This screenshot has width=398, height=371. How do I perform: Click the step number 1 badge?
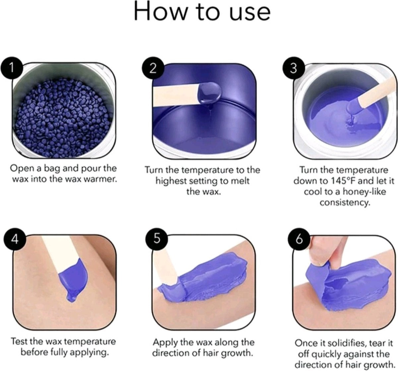click(x=12, y=69)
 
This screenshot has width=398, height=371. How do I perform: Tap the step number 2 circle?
click(x=153, y=69)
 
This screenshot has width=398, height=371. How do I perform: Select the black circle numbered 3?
click(x=294, y=69)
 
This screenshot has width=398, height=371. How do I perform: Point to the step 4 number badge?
click(x=15, y=240)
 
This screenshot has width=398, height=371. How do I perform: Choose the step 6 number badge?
click(x=299, y=240)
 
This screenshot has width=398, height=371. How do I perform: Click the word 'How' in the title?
click(x=160, y=11)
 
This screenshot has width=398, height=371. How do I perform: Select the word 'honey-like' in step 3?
click(x=364, y=192)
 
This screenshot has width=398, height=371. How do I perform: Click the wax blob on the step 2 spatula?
click(x=210, y=93)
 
